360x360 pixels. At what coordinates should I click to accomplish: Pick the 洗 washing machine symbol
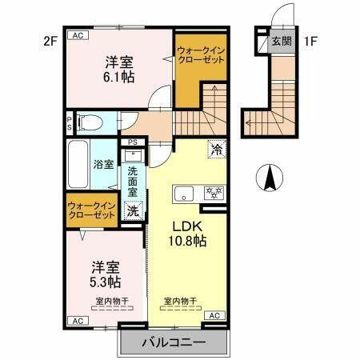[x=133, y=211]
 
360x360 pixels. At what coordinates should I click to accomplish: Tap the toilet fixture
[x=90, y=122]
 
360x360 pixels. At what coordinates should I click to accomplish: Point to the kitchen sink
[x=183, y=193]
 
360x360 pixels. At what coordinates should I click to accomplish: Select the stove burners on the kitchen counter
[x=214, y=192]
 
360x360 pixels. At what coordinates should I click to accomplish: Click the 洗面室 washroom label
[x=133, y=181]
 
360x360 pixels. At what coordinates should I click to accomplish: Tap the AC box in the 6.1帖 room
[x=78, y=36]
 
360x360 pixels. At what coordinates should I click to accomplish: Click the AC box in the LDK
[x=214, y=317]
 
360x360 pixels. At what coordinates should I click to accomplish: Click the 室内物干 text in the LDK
[x=181, y=301]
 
